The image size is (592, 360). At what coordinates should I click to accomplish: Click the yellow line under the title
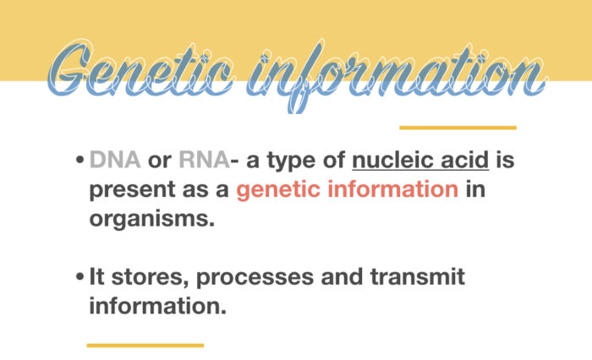[x=458, y=128]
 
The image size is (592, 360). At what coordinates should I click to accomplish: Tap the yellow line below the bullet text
[x=145, y=345]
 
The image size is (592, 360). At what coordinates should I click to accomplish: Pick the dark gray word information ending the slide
[x=158, y=305]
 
